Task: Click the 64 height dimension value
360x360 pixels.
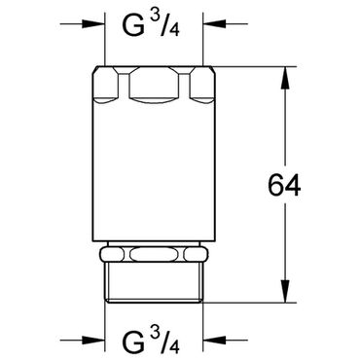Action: [284, 185]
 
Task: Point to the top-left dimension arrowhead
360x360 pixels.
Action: [93, 23]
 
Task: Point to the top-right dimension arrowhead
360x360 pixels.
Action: [214, 23]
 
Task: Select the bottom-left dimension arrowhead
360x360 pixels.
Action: [93, 341]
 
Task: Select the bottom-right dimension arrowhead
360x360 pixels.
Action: [214, 341]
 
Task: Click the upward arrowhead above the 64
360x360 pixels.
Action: [285, 78]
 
